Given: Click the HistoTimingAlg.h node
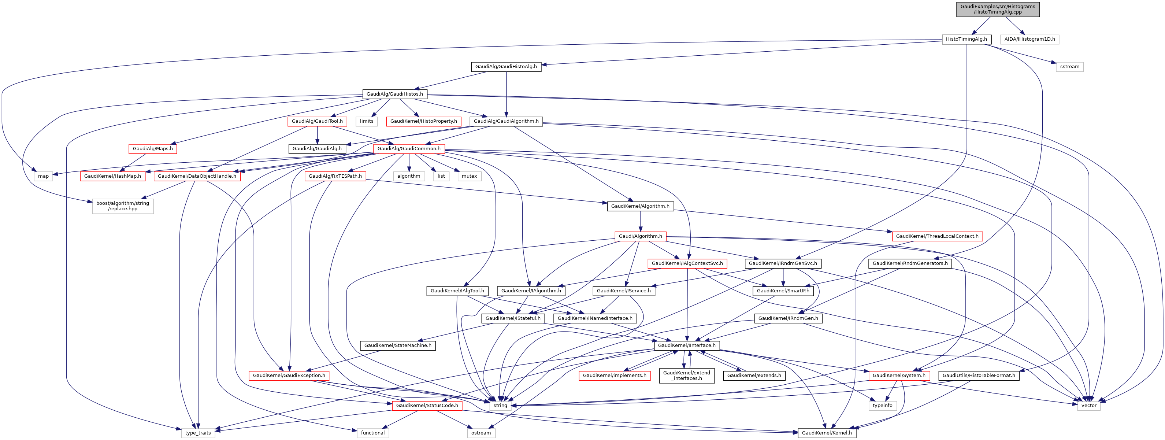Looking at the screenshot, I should tap(966, 39).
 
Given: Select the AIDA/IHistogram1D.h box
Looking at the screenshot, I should tap(1029, 39).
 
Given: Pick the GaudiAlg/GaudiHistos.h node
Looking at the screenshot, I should tap(394, 94).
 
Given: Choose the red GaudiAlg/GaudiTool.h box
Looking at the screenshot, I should tap(317, 121).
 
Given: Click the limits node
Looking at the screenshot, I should tap(366, 121).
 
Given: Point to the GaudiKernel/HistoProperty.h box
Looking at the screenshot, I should tap(423, 121).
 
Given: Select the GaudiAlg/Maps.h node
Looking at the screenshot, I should tap(152, 149).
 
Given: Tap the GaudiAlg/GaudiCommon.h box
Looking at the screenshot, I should tap(409, 149).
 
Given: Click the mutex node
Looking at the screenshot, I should tap(469, 176).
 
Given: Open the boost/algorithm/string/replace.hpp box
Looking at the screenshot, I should tap(123, 206).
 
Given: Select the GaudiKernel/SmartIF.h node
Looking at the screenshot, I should tap(783, 291).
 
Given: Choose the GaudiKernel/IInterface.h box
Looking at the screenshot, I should tap(687, 345).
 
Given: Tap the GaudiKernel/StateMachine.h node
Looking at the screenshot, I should tap(397, 345).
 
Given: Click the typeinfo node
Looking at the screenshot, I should tap(882, 406).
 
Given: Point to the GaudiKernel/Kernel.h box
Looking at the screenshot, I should tap(826, 433).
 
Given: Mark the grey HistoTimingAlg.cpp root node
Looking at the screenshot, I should tap(998, 10).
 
